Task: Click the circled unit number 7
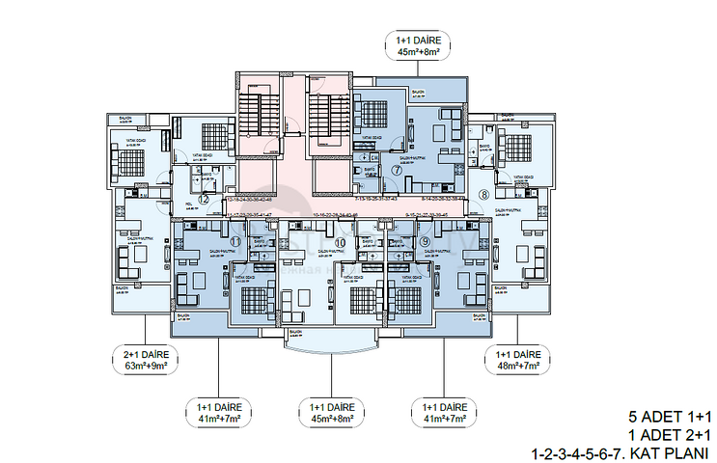click(397, 169)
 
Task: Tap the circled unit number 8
click(483, 195)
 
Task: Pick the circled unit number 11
click(234, 240)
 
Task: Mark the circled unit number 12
click(204, 199)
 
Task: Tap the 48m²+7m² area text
click(518, 366)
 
